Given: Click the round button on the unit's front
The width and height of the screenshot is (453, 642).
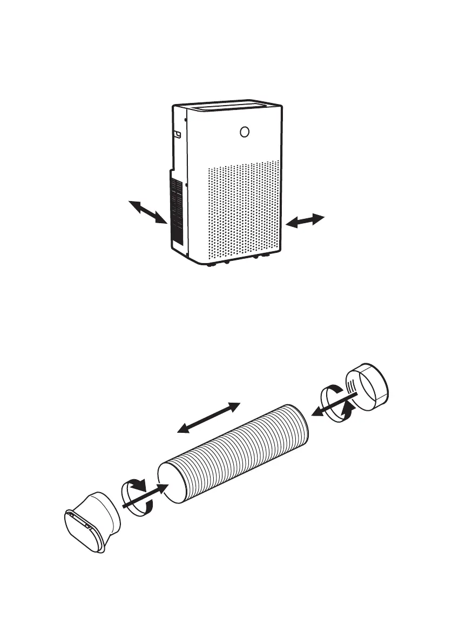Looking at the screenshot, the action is (x=245, y=132).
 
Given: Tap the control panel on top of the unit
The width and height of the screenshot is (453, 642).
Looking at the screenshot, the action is (x=233, y=108).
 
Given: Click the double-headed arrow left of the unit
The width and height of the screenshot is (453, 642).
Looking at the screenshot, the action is (x=147, y=211).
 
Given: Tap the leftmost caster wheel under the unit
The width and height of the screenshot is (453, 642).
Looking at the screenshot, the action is (x=208, y=265).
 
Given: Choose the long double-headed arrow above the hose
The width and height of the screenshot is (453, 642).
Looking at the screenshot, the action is (x=208, y=417).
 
